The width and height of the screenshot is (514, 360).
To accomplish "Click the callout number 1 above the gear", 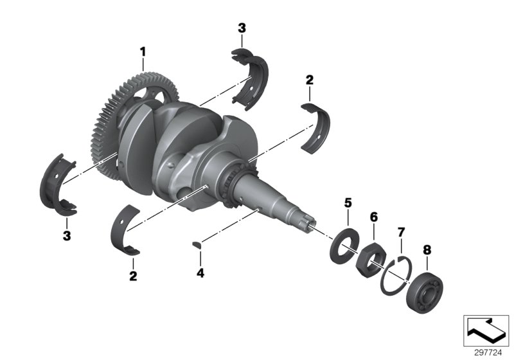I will point(143,50).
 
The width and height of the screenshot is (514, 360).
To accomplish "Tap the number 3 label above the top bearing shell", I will point(242,28).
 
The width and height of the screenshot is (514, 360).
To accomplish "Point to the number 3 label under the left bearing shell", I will point(66,236).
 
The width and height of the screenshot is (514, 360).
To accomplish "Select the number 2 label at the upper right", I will point(309,80).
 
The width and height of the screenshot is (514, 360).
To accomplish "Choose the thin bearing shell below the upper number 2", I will point(319,128).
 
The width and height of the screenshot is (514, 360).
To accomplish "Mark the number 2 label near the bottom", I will point(133,276).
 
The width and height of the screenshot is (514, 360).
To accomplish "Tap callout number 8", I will point(426,249).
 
